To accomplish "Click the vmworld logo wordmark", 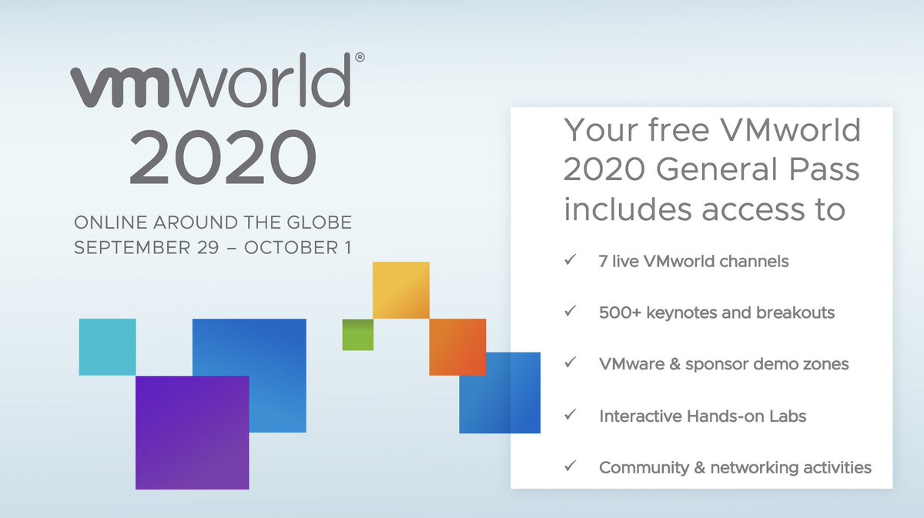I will tap(211, 86).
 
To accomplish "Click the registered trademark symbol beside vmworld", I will tap(359, 58).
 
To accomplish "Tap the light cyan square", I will tap(108, 346).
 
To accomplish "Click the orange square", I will tap(457, 346).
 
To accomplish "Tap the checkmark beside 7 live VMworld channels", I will tap(571, 261).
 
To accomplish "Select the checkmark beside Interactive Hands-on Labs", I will tap(571, 416).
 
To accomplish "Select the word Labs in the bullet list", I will tap(788, 416).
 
